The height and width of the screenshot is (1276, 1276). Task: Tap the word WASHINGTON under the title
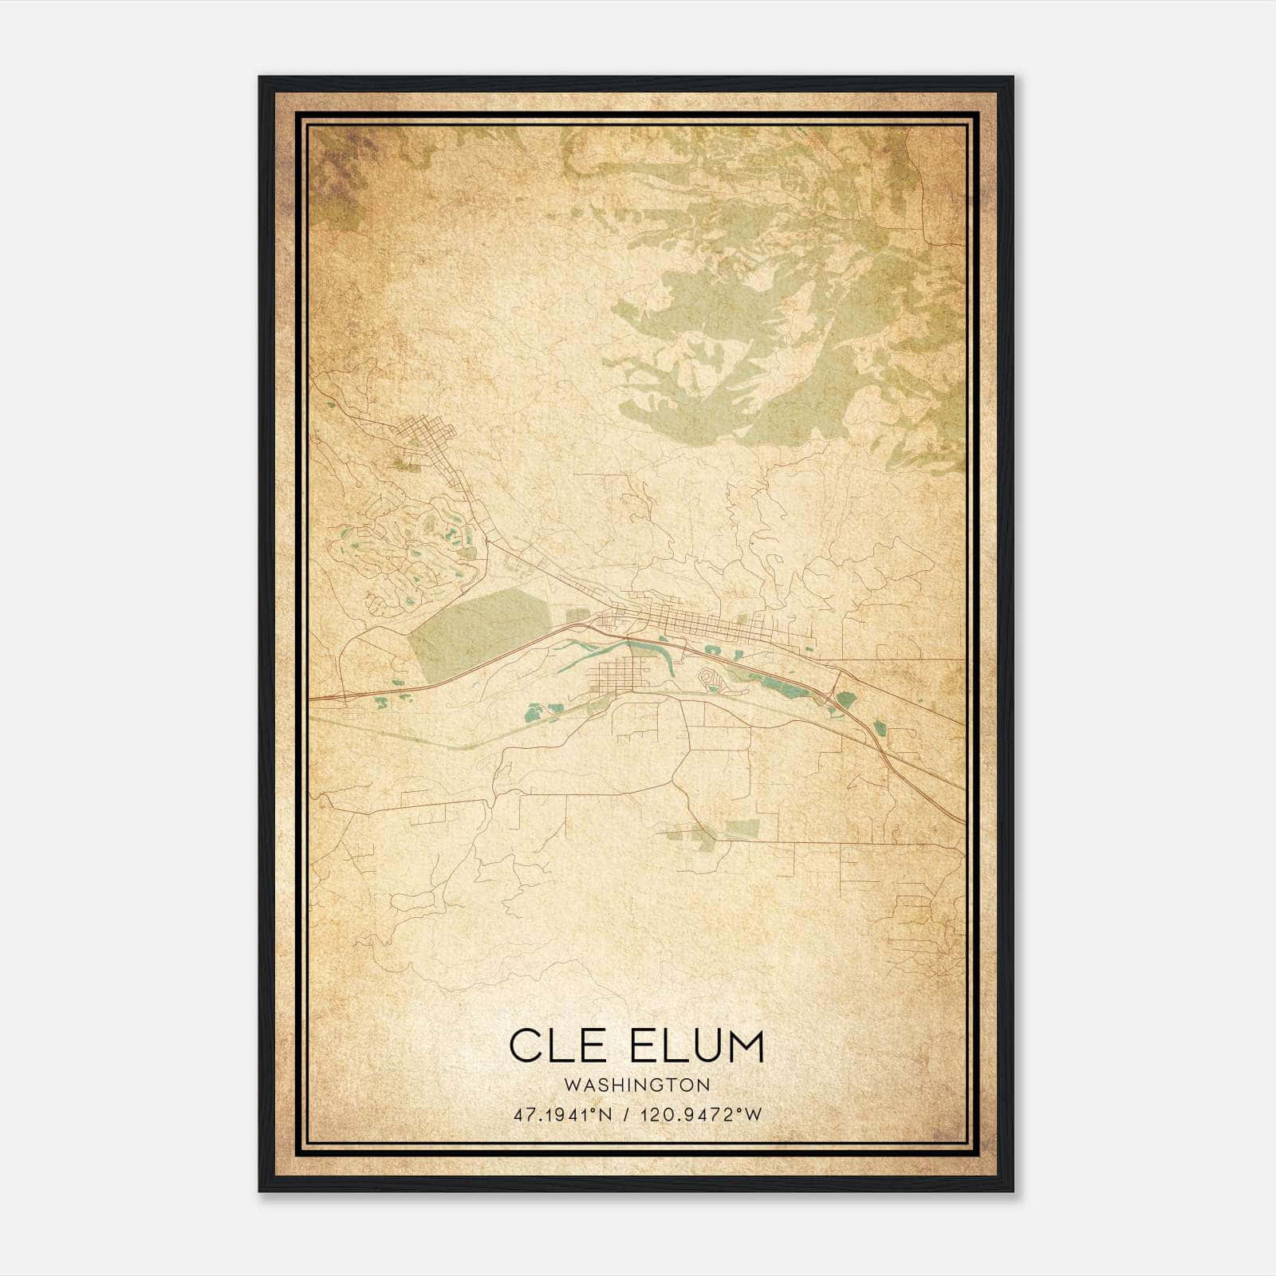click(x=636, y=1085)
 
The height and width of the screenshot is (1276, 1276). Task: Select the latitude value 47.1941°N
click(x=563, y=1115)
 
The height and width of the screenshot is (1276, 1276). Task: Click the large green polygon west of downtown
click(x=478, y=630)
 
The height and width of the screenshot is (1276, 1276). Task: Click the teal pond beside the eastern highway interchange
click(x=845, y=700)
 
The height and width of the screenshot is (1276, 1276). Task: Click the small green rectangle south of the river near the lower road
click(x=742, y=827)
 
